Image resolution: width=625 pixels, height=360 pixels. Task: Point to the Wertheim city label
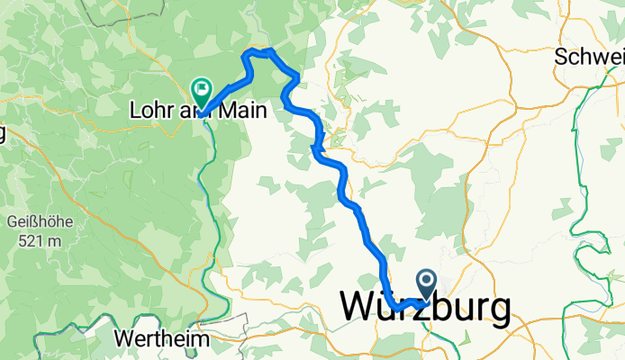[162, 340]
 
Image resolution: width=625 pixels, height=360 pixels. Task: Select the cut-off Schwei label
[589, 57]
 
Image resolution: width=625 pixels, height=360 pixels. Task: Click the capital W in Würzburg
[360, 309]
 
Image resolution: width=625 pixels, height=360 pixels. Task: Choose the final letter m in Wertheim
[201, 340]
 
